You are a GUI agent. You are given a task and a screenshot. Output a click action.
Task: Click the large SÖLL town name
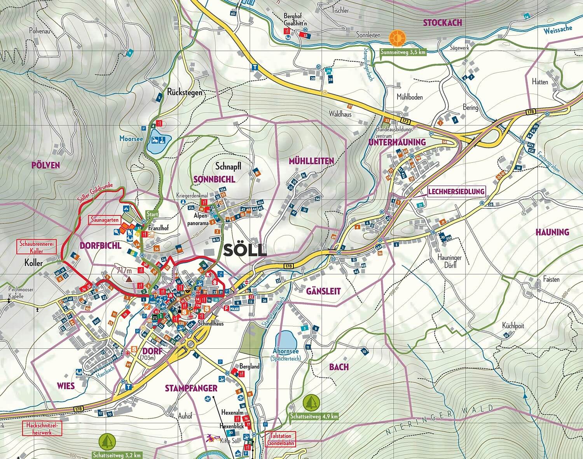tap(245, 250)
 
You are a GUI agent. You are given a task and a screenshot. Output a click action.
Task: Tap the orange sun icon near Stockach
tap(397, 38)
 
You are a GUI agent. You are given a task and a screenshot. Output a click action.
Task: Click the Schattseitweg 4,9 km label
tap(314, 416)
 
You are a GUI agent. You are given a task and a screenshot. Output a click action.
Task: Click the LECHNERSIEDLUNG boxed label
tap(456, 191)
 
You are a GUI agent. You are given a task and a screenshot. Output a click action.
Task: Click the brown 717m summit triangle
tap(129, 278)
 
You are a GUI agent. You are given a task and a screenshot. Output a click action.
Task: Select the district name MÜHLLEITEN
tap(311, 161)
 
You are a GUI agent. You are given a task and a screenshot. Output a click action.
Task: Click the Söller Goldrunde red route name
tap(95, 193)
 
